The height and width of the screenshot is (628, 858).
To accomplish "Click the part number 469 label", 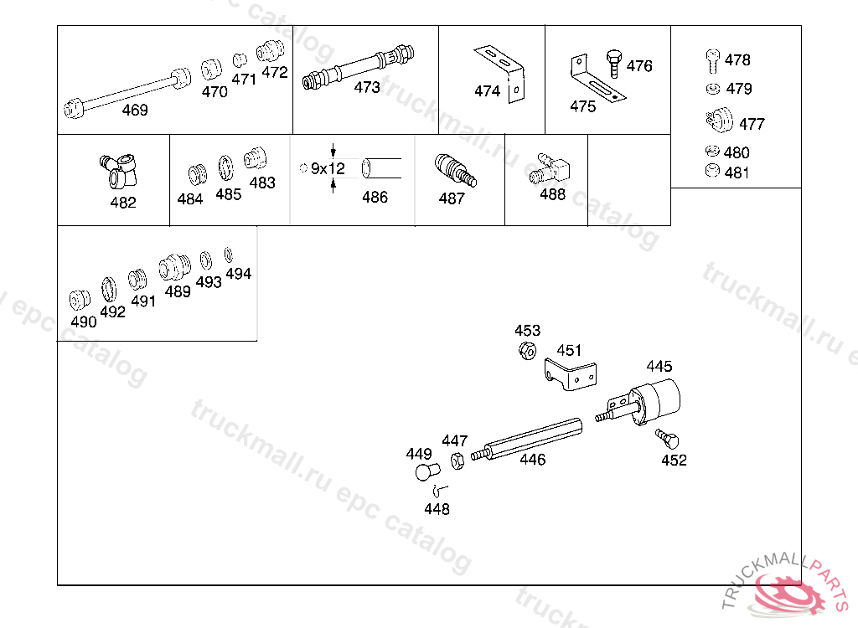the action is (x=135, y=110).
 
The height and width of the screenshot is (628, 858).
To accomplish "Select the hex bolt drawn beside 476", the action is (x=614, y=64).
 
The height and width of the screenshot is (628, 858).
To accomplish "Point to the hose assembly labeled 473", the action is (x=358, y=67).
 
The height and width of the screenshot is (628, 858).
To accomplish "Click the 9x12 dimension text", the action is (x=328, y=168).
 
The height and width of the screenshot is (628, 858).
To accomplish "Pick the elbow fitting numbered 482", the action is (x=119, y=171).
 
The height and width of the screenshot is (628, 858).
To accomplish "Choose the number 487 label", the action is (x=452, y=198).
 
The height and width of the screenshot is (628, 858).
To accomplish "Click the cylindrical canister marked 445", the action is (x=654, y=402).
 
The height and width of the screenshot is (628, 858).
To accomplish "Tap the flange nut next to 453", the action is (x=528, y=350).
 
